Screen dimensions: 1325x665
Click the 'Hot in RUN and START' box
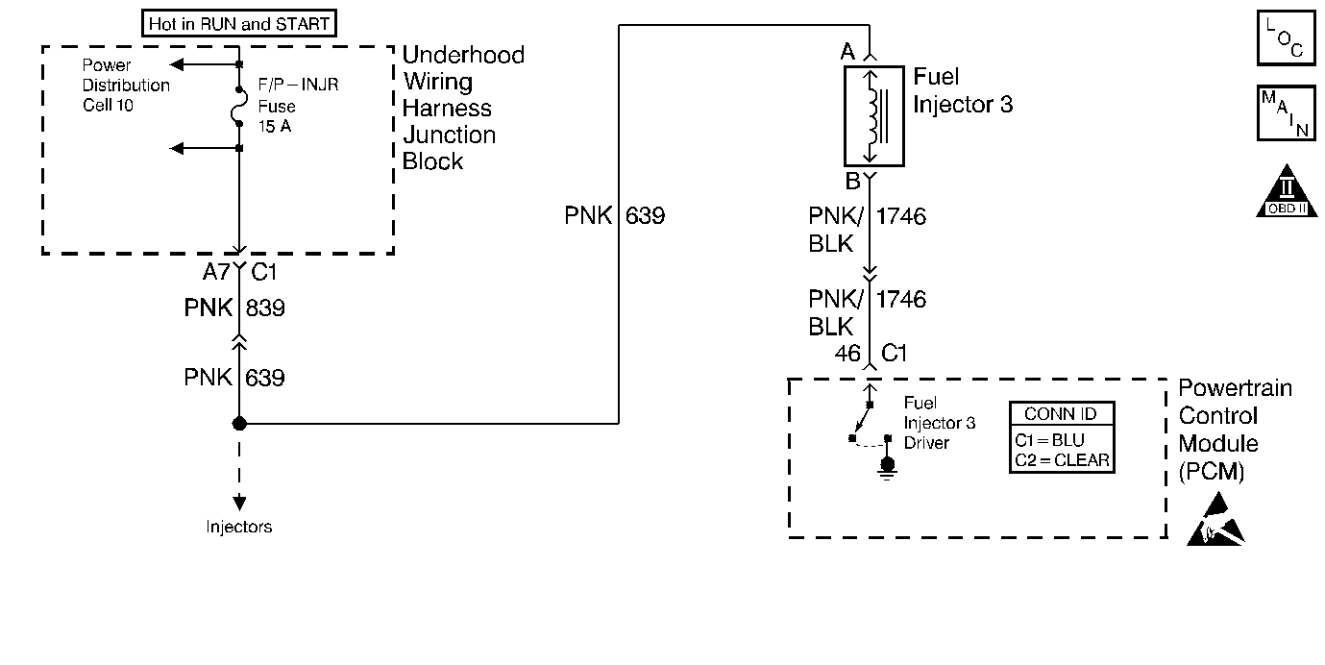[239, 23]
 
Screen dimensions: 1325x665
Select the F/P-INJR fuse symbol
[238, 107]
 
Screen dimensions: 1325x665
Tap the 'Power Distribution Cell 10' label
[126, 86]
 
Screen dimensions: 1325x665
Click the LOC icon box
[1286, 37]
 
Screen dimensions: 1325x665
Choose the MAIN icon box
[1286, 113]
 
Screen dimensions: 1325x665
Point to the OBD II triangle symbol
[1287, 191]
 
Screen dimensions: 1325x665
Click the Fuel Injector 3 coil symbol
[873, 116]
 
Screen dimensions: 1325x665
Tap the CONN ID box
[1062, 437]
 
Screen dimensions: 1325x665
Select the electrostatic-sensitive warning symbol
[1215, 521]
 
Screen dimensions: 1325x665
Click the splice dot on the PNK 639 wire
[239, 424]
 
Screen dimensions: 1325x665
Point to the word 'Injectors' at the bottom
[239, 527]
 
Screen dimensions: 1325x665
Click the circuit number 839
[265, 308]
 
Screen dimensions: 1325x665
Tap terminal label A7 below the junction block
[216, 272]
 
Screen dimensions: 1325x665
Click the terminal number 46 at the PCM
[847, 354]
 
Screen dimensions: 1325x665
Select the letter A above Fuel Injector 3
[847, 52]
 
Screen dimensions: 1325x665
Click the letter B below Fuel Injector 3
[852, 181]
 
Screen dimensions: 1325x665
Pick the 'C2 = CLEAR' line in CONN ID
[1062, 460]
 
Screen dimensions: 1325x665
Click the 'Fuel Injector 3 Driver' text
[940, 423]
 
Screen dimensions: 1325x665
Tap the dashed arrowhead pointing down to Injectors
[239, 503]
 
